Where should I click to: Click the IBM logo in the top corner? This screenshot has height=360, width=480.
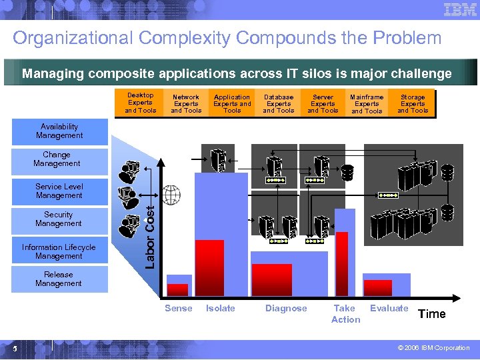460,10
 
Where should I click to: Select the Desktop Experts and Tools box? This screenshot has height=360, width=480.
140,103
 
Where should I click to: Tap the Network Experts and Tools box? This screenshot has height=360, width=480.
186,103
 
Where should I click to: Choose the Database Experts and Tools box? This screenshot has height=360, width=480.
279,103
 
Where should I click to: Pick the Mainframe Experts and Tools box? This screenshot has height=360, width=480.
367,103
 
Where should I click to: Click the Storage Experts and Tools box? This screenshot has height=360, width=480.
413,103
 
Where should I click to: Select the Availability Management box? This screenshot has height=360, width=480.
59,131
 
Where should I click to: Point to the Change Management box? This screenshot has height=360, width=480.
57,159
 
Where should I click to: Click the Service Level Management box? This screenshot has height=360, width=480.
59,191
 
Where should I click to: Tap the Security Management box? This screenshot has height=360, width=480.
59,219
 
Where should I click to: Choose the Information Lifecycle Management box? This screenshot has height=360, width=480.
59,251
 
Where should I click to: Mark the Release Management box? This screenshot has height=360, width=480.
59,279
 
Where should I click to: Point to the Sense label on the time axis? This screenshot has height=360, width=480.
179,308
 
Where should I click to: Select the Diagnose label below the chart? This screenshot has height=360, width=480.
286,308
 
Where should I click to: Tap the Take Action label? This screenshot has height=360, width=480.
345,314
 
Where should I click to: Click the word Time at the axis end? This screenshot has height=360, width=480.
431,314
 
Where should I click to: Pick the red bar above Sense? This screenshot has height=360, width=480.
177,289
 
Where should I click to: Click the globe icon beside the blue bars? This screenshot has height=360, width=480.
171,196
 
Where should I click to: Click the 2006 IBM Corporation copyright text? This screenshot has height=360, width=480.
434,348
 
